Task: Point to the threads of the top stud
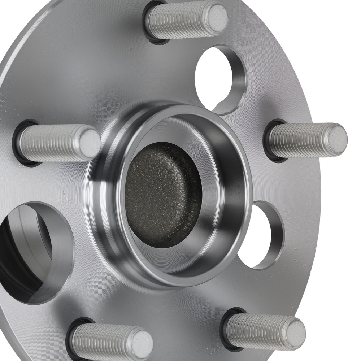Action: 177,21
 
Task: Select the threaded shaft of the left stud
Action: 54,143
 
